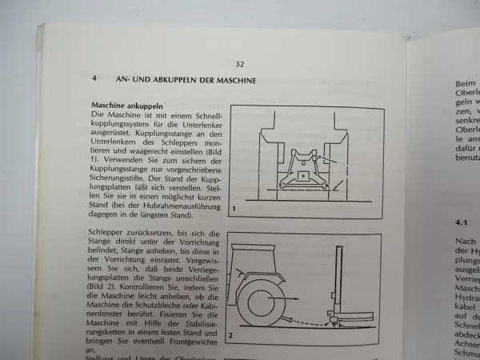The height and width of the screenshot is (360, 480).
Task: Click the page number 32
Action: tap(240, 64)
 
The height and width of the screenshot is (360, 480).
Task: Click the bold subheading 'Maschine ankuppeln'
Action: tap(128, 106)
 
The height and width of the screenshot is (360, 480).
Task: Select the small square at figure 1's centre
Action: tap(304, 174)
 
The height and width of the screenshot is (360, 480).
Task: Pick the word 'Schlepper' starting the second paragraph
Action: tap(113, 231)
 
